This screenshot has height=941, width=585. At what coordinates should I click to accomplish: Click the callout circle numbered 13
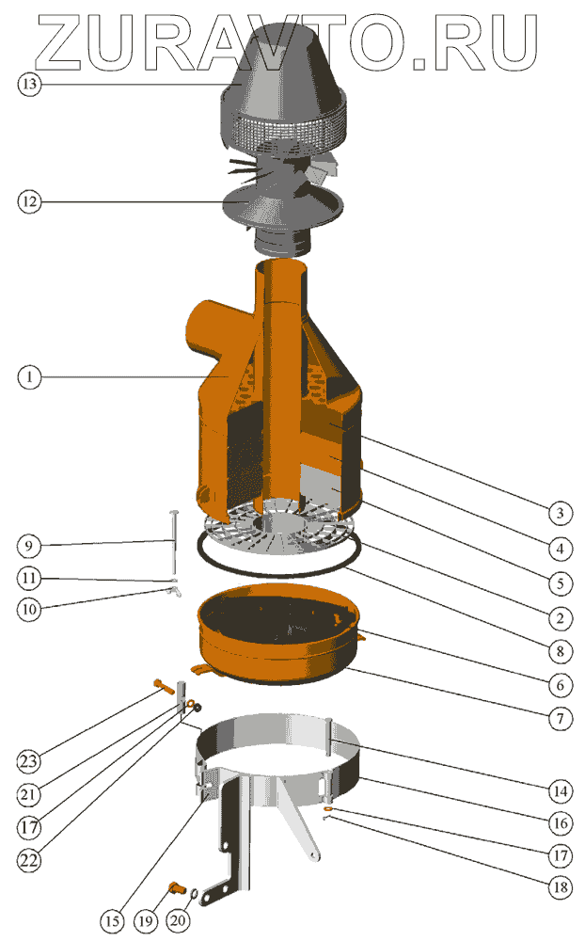[x=29, y=84]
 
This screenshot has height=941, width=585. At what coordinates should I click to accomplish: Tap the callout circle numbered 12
[x=29, y=201]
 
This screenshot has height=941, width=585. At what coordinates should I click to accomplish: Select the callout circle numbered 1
[x=29, y=377]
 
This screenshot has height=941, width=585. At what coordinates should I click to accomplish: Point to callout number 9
[x=29, y=546]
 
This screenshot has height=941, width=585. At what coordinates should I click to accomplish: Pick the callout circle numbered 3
[x=560, y=513]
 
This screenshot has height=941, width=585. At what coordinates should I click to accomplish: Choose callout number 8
[x=560, y=651]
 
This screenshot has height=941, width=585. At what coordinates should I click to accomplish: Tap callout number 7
[x=560, y=718]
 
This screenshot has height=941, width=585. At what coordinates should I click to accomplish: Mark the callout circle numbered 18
[x=560, y=887]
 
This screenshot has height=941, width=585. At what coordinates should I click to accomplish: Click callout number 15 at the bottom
[x=112, y=921]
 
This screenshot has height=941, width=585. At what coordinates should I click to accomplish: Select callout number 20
[x=178, y=921]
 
